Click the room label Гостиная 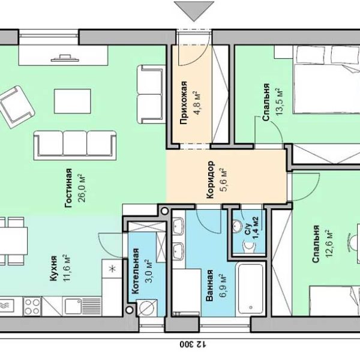click(x=68, y=188)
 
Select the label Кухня click(x=53, y=268)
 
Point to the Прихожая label click(x=184, y=103)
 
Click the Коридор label click(x=211, y=179)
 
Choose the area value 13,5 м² click(x=280, y=101)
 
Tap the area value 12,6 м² click(x=329, y=244)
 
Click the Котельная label click(x=136, y=271)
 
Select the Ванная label click(x=209, y=286)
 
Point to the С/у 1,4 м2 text click(x=251, y=228)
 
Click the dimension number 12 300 click(x=193, y=344)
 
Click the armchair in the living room click(x=17, y=107)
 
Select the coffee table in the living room click(x=73, y=101)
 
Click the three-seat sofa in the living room click(x=75, y=145)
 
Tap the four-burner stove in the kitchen click(x=32, y=307)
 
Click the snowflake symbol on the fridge click(x=112, y=269)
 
